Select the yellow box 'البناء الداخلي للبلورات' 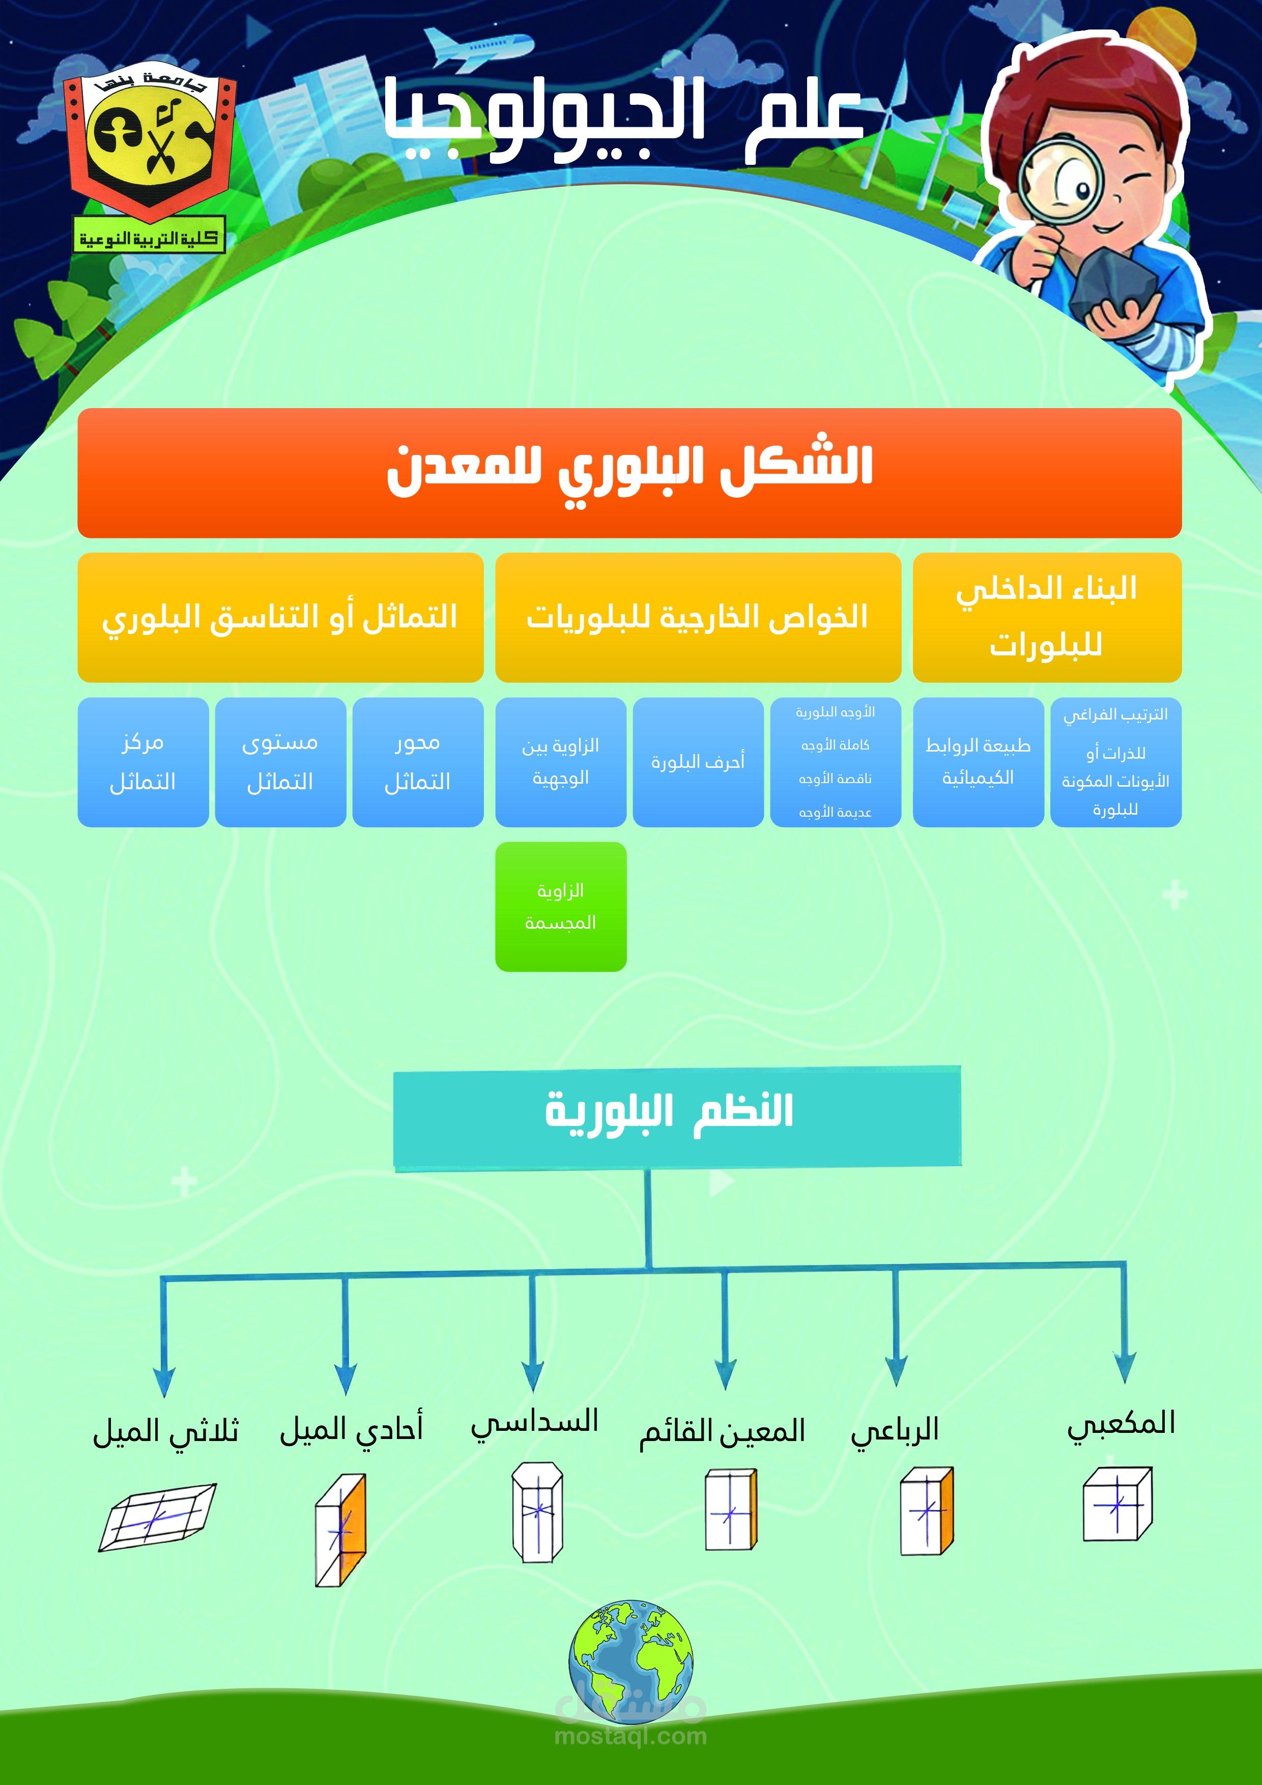pos(1047,617)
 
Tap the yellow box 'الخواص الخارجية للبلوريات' pos(698,617)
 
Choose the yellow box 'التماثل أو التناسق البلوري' pos(280,617)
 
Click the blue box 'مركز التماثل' pos(143,762)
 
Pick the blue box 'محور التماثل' pos(418,762)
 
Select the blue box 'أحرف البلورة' pos(698,762)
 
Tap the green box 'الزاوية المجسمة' pos(561,907)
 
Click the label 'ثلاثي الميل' pos(165,1431)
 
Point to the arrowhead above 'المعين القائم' pos(725,1374)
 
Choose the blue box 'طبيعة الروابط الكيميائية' pos(978,762)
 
